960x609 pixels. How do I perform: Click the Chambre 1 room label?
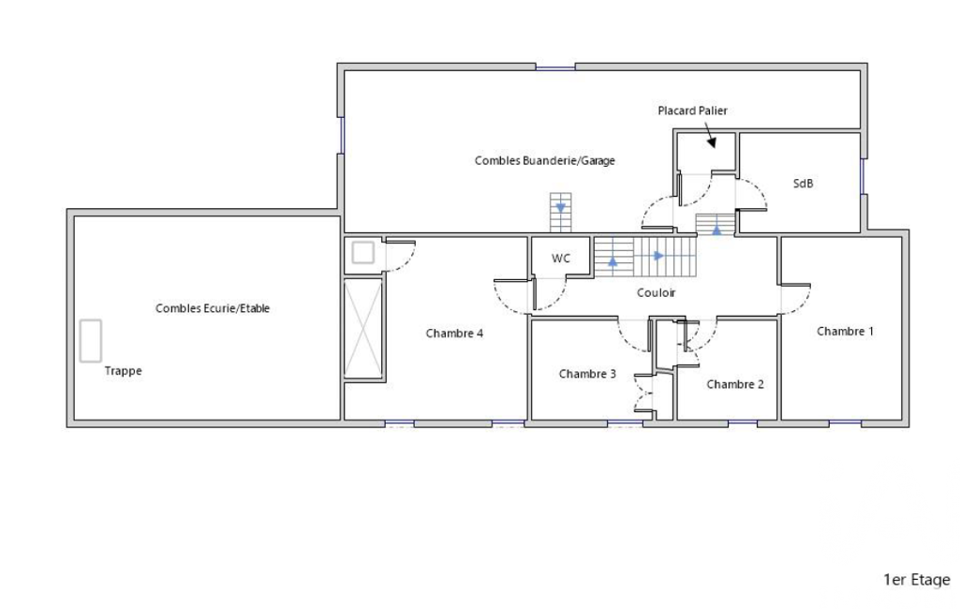pyautogui.click(x=845, y=331)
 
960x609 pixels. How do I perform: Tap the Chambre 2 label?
pyautogui.click(x=734, y=384)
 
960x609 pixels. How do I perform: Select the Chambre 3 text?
pyautogui.click(x=587, y=374)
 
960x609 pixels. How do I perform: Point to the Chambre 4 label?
pyautogui.click(x=454, y=334)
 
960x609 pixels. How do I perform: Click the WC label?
pyautogui.click(x=561, y=259)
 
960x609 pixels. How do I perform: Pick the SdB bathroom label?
pyautogui.click(x=803, y=184)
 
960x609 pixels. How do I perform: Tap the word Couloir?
pyautogui.click(x=656, y=293)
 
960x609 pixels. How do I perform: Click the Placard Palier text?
pyautogui.click(x=692, y=111)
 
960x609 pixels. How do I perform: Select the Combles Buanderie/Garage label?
pyautogui.click(x=544, y=160)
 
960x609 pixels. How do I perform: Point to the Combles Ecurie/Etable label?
pyautogui.click(x=213, y=308)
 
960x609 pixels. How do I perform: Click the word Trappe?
pyautogui.click(x=123, y=371)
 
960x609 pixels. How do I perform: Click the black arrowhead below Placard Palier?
pyautogui.click(x=712, y=142)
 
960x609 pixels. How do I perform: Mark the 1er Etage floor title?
pyautogui.click(x=917, y=580)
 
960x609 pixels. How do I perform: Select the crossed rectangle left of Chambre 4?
pyautogui.click(x=363, y=329)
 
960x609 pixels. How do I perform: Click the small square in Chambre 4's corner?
pyautogui.click(x=363, y=252)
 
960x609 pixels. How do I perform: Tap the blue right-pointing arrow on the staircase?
pyautogui.click(x=658, y=256)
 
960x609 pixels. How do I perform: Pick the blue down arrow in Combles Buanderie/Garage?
pyautogui.click(x=560, y=208)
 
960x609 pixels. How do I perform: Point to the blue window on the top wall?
pyautogui.click(x=555, y=67)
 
